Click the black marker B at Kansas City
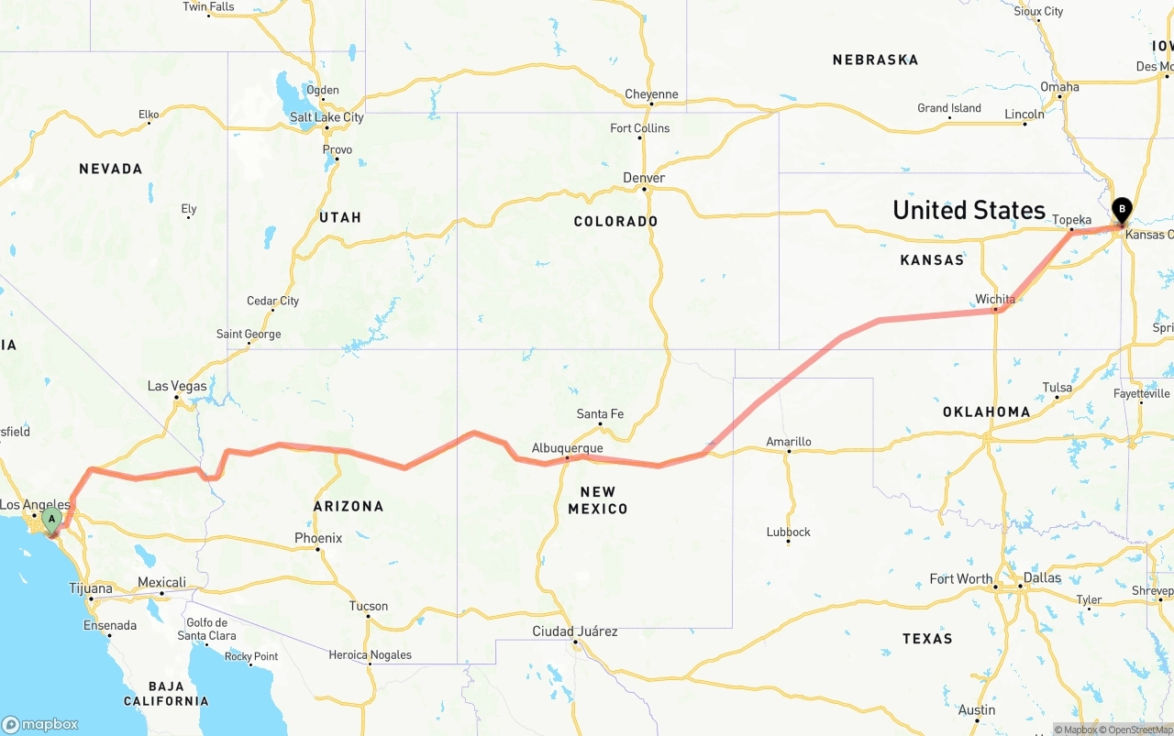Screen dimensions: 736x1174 coord(1122,211)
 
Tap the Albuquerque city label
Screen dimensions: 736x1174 coord(567,448)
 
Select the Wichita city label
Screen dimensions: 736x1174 coord(995,299)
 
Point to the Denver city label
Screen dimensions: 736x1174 coord(644,178)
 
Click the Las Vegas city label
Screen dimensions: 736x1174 coord(177,386)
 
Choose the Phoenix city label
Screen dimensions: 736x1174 coord(318,538)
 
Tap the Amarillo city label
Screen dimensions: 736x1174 coord(789,442)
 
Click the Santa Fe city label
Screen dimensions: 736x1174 coord(600,414)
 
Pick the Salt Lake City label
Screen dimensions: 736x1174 coord(327,117)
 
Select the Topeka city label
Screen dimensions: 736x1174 coord(1071,220)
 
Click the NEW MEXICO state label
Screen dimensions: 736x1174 coord(597,500)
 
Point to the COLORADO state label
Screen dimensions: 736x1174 coord(615,222)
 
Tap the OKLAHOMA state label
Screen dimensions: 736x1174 coord(986,412)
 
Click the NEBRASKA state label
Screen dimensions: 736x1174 coord(875,60)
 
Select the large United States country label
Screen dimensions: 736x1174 coord(969,210)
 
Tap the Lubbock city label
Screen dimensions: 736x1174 coord(789,533)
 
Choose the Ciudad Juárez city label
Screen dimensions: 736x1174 coord(575,632)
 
